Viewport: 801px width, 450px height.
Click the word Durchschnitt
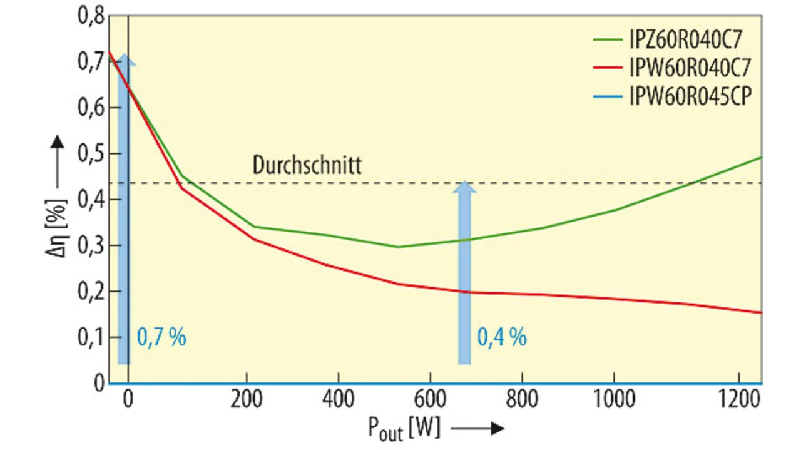[307, 166]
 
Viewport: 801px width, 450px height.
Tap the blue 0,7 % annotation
[161, 338]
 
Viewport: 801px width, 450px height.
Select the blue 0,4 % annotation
[502, 338]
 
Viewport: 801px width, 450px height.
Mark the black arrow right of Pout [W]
[477, 429]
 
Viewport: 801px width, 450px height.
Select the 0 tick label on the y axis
[98, 383]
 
